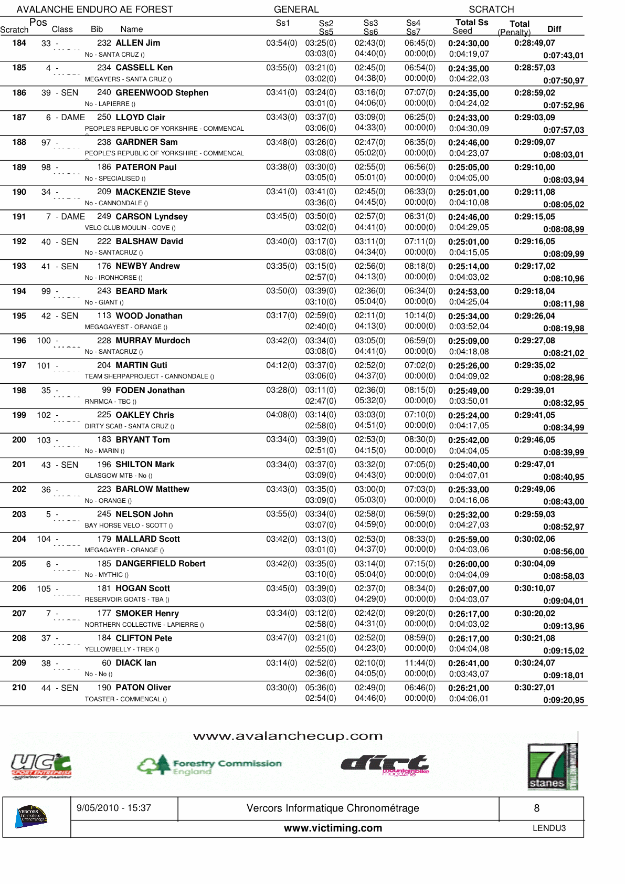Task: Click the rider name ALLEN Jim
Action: (137, 43)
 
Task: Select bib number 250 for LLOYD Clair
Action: (104, 118)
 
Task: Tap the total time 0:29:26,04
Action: (534, 316)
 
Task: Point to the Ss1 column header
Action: (282, 23)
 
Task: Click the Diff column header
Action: (554, 29)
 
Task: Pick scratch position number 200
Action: (19, 440)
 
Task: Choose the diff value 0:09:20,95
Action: (563, 700)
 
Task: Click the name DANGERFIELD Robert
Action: (160, 564)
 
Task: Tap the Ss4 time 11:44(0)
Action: (420, 663)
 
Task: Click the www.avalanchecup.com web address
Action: (288, 736)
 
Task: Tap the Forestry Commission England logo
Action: (209, 765)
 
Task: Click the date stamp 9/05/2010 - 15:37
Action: (113, 808)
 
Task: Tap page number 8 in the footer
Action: (536, 808)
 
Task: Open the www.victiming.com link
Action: (333, 828)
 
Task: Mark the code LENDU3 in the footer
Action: (549, 828)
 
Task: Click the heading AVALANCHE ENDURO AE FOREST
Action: (94, 9)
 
